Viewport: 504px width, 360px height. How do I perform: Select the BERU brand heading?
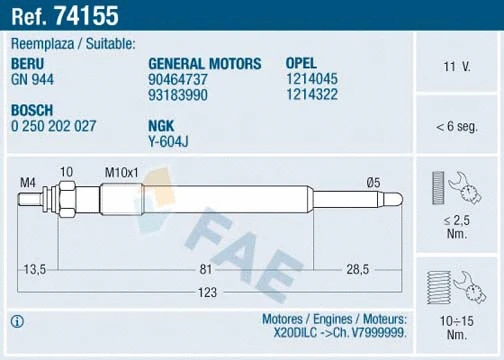click(x=30, y=63)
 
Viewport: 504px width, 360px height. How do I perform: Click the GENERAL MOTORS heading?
click(x=204, y=63)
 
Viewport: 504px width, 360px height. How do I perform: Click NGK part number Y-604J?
click(x=169, y=141)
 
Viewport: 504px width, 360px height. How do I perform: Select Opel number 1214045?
click(x=311, y=78)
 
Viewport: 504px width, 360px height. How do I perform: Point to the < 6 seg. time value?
click(x=457, y=127)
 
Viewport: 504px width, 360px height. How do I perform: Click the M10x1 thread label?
click(x=121, y=172)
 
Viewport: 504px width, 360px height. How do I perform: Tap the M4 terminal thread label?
click(x=30, y=181)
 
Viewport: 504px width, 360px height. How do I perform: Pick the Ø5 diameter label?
click(x=373, y=181)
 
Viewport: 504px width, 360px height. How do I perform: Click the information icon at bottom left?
click(x=17, y=321)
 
